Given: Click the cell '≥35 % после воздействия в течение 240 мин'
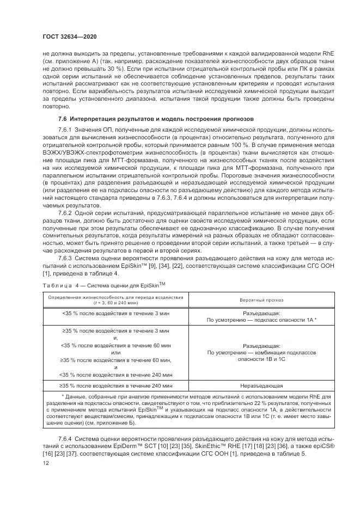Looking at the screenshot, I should click(x=115, y=385).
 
